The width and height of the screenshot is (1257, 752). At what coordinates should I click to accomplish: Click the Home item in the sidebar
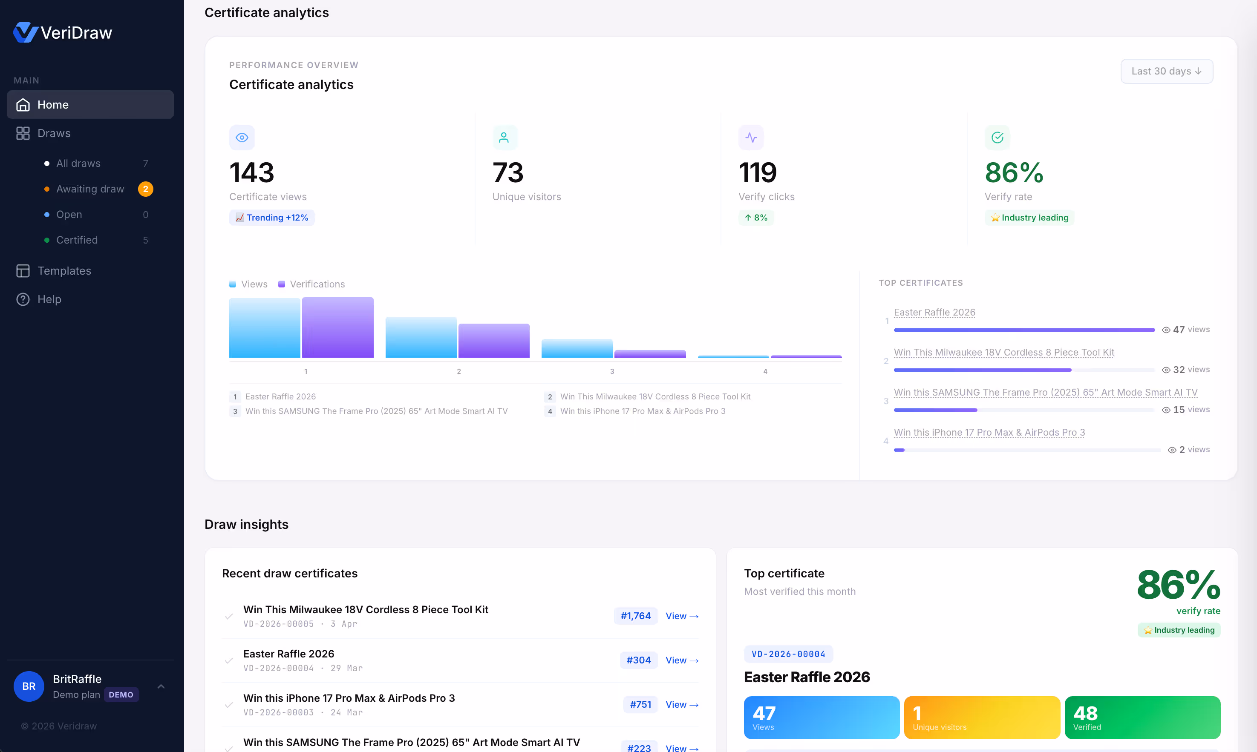pos(90,104)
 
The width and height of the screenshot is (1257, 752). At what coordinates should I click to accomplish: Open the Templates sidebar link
pos(64,270)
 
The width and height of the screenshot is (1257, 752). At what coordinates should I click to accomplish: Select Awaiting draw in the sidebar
pos(90,189)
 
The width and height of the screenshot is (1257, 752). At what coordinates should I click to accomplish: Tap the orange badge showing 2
pos(146,189)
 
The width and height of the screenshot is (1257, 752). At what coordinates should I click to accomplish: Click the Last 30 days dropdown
pos(1166,72)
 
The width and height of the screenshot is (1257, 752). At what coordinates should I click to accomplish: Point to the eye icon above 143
pos(242,137)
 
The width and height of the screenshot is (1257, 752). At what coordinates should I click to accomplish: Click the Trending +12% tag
pos(272,218)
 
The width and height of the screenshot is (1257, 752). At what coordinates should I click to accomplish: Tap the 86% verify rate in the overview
pos(1014,173)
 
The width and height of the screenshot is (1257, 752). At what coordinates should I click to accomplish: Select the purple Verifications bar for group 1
pos(338,327)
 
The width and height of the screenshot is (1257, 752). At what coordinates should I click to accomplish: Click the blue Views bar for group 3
pos(577,349)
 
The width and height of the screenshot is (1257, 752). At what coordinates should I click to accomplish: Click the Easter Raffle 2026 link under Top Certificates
pos(934,312)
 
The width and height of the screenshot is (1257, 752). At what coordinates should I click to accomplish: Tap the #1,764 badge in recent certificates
pos(635,616)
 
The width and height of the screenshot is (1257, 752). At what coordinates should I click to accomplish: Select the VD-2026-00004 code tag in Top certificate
pos(788,654)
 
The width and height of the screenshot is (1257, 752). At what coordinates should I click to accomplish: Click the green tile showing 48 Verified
pos(1142,718)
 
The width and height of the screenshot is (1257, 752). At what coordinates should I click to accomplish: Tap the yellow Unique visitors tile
pos(982,718)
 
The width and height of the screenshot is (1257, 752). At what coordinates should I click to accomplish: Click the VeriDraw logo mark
pos(25,32)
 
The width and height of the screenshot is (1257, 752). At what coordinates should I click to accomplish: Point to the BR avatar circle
pos(29,686)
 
